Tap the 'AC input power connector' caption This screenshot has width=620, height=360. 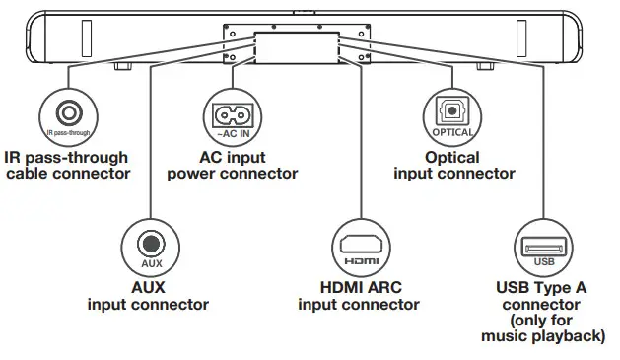232,165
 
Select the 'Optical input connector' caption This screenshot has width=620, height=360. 453,165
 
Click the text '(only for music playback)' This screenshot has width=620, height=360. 543,329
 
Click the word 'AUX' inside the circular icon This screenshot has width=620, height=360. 151,264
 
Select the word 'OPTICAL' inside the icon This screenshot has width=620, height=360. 453,132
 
